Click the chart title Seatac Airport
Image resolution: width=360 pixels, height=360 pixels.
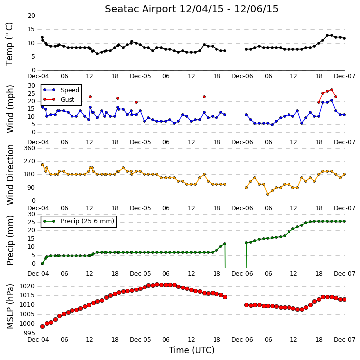pos(141,9)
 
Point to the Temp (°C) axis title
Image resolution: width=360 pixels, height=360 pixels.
pos(9,44)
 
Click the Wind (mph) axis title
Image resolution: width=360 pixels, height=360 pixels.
pos(10,109)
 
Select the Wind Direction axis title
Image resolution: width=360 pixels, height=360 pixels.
pos(10,175)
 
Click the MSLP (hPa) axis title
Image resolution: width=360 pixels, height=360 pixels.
pos(10,306)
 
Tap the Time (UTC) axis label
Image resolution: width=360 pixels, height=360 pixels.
pos(192,350)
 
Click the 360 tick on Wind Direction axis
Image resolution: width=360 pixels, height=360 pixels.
pos(29,148)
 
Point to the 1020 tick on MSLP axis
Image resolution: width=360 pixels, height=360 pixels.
pos(27,286)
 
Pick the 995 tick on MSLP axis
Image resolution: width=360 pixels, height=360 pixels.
pos(29,333)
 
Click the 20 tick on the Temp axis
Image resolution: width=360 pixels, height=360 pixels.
pos(31,16)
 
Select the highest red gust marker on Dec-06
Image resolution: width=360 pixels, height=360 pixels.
pos(332,90)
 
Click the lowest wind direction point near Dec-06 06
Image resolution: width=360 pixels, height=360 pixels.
pos(268,194)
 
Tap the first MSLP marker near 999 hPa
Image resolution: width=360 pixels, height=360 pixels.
pos(42,326)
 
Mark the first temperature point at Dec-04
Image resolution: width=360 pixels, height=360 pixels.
pos(42,37)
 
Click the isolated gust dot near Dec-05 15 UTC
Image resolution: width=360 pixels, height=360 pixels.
pos(204,97)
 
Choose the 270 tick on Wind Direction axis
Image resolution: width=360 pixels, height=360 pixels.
pos(29,161)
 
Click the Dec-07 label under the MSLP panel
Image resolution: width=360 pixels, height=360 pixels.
pos(345,340)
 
